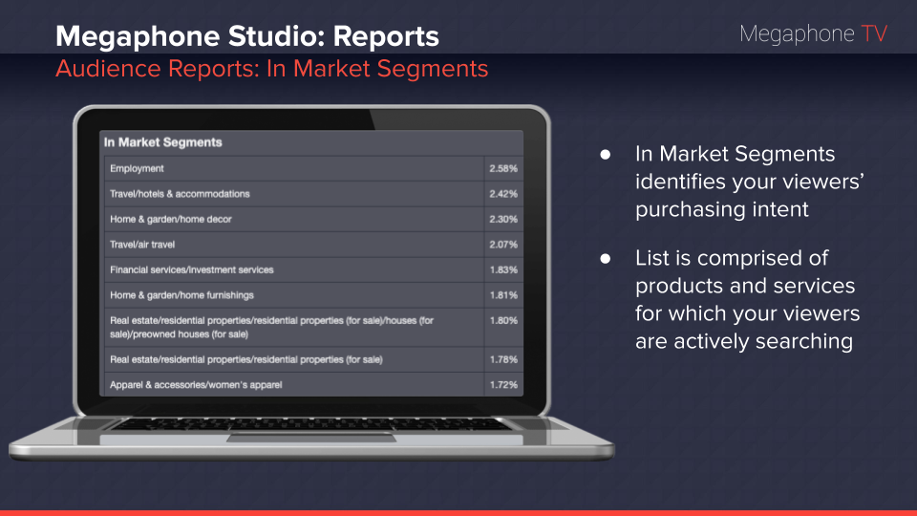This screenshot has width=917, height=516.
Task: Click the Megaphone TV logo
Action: [x=813, y=34]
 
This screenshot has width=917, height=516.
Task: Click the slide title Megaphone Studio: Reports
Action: [x=247, y=36]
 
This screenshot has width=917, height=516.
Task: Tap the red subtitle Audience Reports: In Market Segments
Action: [x=271, y=69]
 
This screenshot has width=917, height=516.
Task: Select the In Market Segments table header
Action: [x=163, y=142]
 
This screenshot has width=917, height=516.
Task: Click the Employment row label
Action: [x=138, y=169]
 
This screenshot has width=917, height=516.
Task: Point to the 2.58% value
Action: [x=503, y=169]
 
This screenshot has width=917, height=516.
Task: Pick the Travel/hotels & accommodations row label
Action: [x=180, y=194]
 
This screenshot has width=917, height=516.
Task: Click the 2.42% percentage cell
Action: [x=503, y=194]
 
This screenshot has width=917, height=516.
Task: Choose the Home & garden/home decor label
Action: [x=171, y=219]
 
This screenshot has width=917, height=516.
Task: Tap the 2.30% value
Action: [x=503, y=219]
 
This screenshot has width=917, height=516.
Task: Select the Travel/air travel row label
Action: [x=142, y=245]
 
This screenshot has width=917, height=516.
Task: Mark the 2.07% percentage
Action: [x=503, y=245]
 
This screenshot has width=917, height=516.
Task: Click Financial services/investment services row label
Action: [x=192, y=269]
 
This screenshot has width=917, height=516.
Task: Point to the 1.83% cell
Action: [x=503, y=269]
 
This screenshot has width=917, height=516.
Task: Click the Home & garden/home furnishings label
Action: [x=181, y=295]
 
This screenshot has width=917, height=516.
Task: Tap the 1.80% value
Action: [x=503, y=321]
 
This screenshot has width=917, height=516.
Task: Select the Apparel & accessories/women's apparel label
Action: [x=196, y=385]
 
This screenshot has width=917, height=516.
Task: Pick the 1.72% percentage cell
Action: [x=503, y=385]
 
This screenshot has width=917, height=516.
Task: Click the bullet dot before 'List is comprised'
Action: [x=604, y=259]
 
